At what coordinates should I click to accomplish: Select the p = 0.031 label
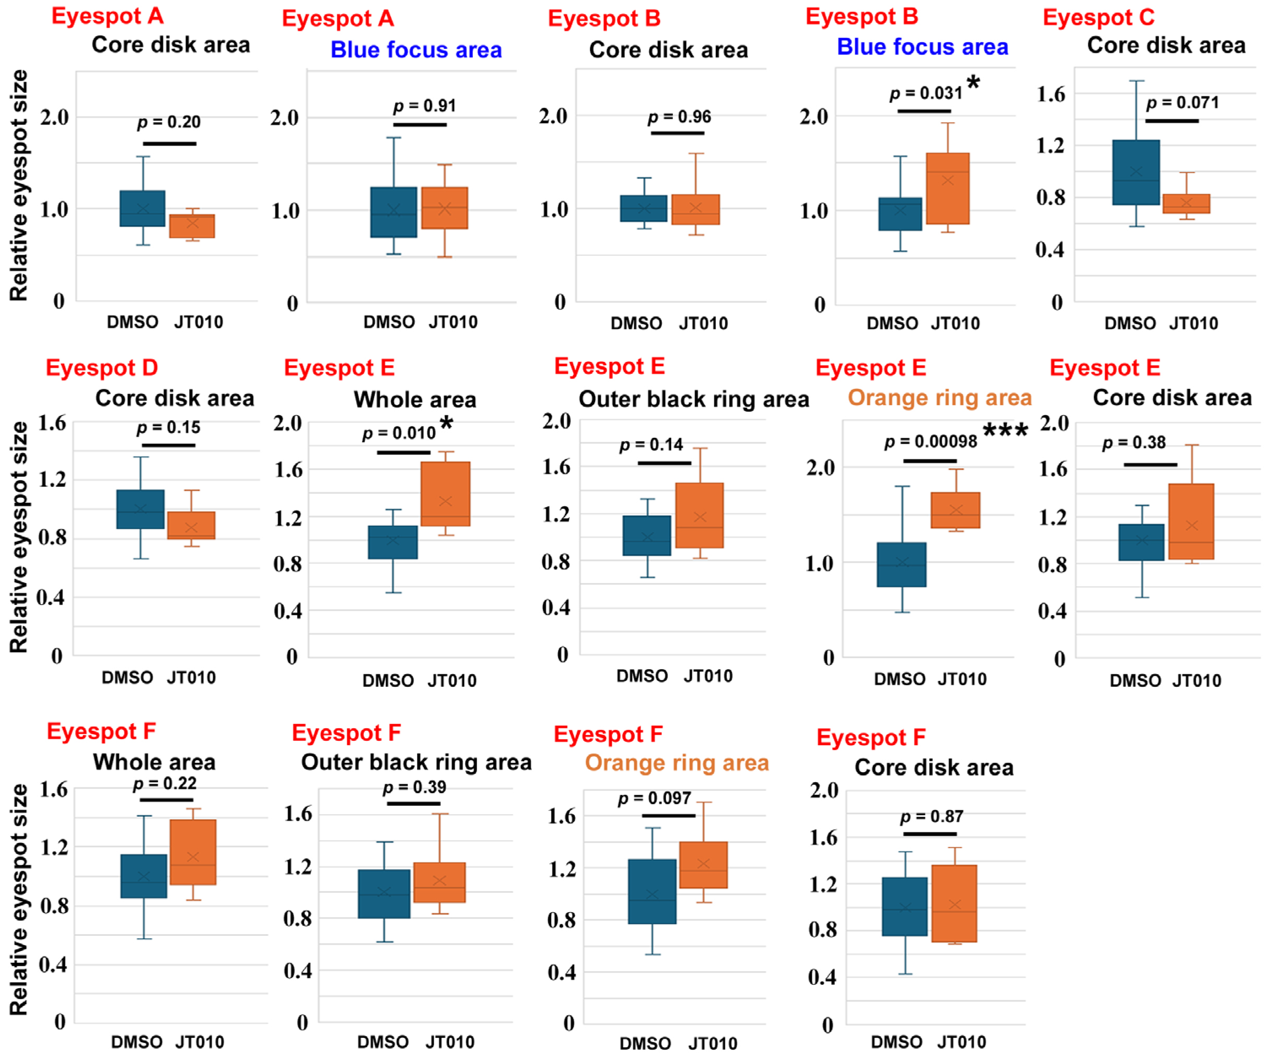[926, 94]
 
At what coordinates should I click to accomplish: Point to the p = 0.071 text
[1182, 103]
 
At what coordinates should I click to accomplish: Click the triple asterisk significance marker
[1005, 430]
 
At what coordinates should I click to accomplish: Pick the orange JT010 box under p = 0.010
[446, 494]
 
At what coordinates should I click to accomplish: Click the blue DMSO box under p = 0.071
[1136, 173]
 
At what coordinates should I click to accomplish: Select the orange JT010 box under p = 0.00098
[955, 511]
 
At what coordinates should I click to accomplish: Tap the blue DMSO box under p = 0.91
[394, 212]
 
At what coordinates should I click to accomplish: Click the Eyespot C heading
[1099, 17]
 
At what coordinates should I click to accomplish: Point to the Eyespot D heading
[102, 367]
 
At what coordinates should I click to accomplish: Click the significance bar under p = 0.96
[677, 133]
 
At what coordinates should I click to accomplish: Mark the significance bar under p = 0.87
[930, 834]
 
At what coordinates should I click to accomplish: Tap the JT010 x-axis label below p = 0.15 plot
[191, 678]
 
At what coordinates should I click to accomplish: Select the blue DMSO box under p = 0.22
[144, 876]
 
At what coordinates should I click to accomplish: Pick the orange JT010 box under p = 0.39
[439, 882]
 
